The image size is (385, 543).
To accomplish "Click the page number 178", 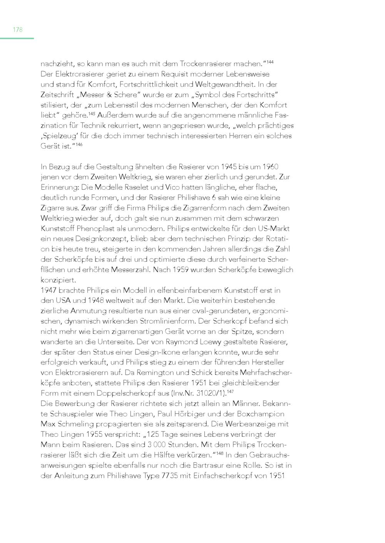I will pyautogui.click(x=18, y=30).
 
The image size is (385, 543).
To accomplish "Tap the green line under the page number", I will pyautogui.click(x=17, y=38).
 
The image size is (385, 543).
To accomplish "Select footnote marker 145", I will pyautogui.click(x=91, y=114).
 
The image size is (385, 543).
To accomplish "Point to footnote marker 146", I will pyautogui.click(x=79, y=144).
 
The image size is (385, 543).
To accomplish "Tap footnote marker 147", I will pyautogui.click(x=230, y=391).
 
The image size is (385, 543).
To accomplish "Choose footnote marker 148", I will pyautogui.click(x=220, y=453).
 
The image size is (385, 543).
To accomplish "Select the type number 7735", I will pyautogui.click(x=169, y=476).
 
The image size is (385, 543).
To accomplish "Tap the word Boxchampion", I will pyautogui.click(x=258, y=414).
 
